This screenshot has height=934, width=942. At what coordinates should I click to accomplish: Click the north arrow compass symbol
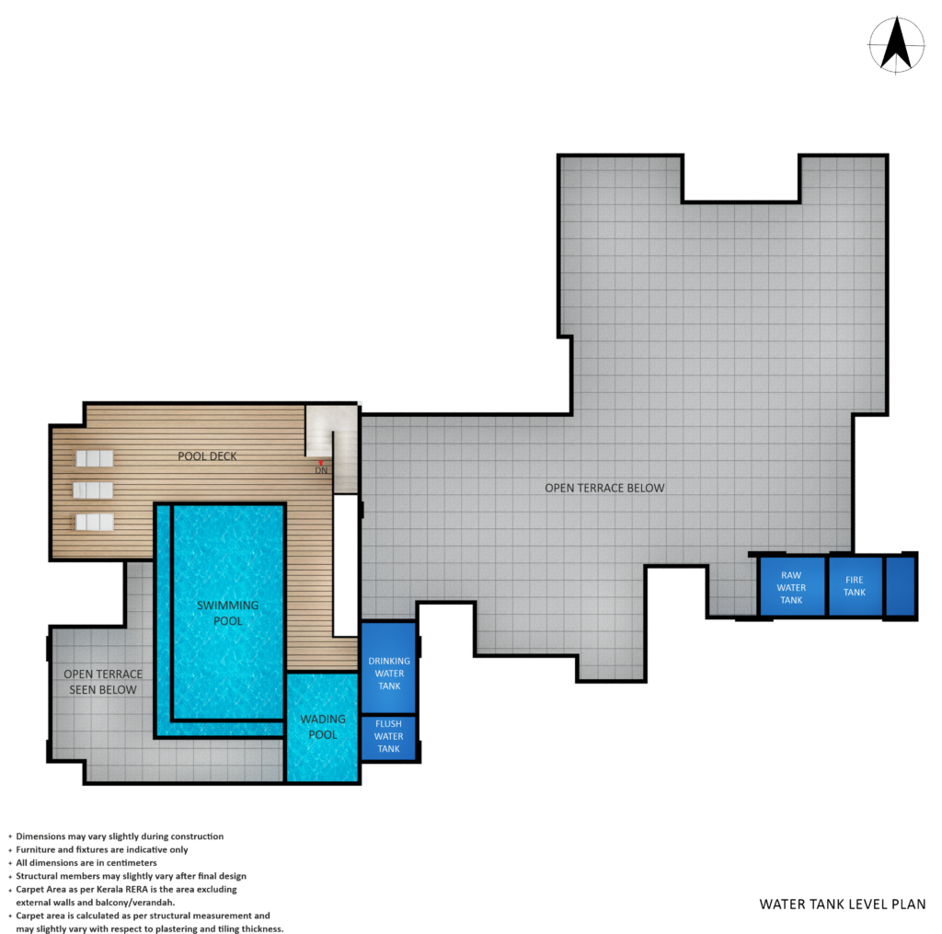(896, 45)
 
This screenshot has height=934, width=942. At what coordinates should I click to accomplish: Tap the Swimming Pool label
(228, 613)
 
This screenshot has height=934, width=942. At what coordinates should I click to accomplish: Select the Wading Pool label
(323, 727)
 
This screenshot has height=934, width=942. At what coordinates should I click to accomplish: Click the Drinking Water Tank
(389, 667)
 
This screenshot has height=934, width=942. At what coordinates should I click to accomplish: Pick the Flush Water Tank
(389, 737)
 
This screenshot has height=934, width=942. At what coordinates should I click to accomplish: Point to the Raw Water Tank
(792, 586)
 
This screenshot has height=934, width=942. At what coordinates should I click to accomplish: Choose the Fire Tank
(856, 586)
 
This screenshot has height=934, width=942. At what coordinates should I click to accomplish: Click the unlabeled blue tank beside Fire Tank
(900, 586)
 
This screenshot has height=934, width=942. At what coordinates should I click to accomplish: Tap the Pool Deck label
(207, 456)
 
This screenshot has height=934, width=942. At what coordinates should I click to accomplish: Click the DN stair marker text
(321, 470)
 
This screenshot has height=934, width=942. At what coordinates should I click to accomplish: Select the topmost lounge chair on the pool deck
(95, 458)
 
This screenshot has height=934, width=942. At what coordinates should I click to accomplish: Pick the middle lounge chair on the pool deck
(93, 490)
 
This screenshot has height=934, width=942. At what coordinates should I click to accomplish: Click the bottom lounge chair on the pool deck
(95, 522)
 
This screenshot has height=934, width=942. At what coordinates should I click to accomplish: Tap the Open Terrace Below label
(604, 488)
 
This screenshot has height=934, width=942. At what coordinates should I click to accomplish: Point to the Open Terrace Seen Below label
(103, 682)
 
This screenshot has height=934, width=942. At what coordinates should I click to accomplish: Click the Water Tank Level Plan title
(843, 904)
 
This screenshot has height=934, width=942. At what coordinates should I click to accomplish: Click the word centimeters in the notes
(132, 862)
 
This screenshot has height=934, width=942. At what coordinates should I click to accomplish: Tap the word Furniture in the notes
(35, 849)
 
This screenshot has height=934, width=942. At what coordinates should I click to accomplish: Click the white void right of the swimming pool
(346, 566)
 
